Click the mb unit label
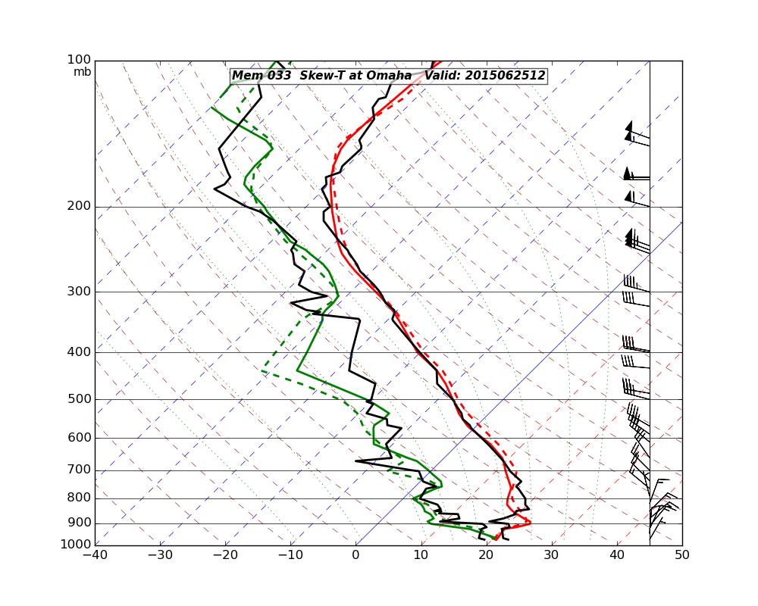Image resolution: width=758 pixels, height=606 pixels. [82, 72]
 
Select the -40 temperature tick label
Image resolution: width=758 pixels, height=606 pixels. [95, 555]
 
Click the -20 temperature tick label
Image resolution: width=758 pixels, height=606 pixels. [225, 555]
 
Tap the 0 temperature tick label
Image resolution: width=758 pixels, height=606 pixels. [356, 555]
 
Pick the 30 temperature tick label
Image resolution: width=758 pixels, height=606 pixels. [552, 555]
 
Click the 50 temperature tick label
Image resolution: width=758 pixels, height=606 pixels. [682, 555]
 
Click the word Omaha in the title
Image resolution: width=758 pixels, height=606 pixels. [390, 76]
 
